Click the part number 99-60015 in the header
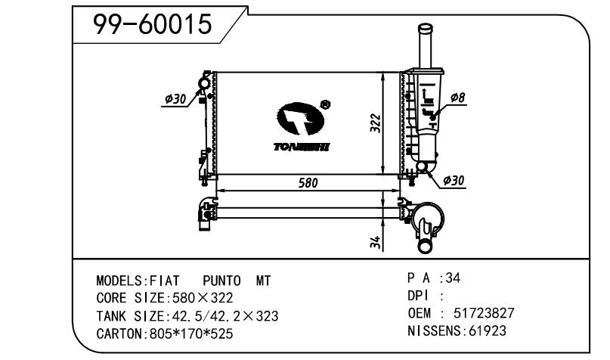[152, 25]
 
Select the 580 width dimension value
[307, 183]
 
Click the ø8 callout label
[457, 98]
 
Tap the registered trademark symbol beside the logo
[324, 105]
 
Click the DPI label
[420, 296]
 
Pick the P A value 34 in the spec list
[452, 278]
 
